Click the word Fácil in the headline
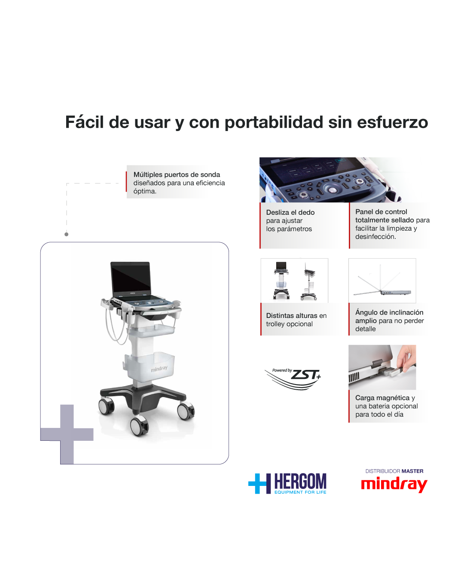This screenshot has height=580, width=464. coord(84,122)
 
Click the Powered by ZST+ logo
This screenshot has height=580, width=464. coord(293,378)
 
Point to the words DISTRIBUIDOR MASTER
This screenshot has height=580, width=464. coord(394,471)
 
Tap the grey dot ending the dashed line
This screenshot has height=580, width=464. coord(66,234)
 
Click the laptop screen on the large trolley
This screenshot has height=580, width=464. coord(131,278)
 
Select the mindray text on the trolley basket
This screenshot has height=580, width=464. coord(159,369)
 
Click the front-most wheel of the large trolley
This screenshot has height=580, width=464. coord(139,426)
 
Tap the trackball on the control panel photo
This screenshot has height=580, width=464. coord(333,189)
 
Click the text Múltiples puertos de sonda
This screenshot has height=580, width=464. coord(177,174)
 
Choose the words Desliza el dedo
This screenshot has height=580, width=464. coord(290,212)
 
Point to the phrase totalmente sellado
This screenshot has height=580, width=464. coord(385,220)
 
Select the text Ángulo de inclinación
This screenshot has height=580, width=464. coord(389,312)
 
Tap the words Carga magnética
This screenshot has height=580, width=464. coord(382,397)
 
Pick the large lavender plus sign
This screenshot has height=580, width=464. coord(67,434)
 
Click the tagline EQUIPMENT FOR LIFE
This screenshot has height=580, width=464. coord(300,492)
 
